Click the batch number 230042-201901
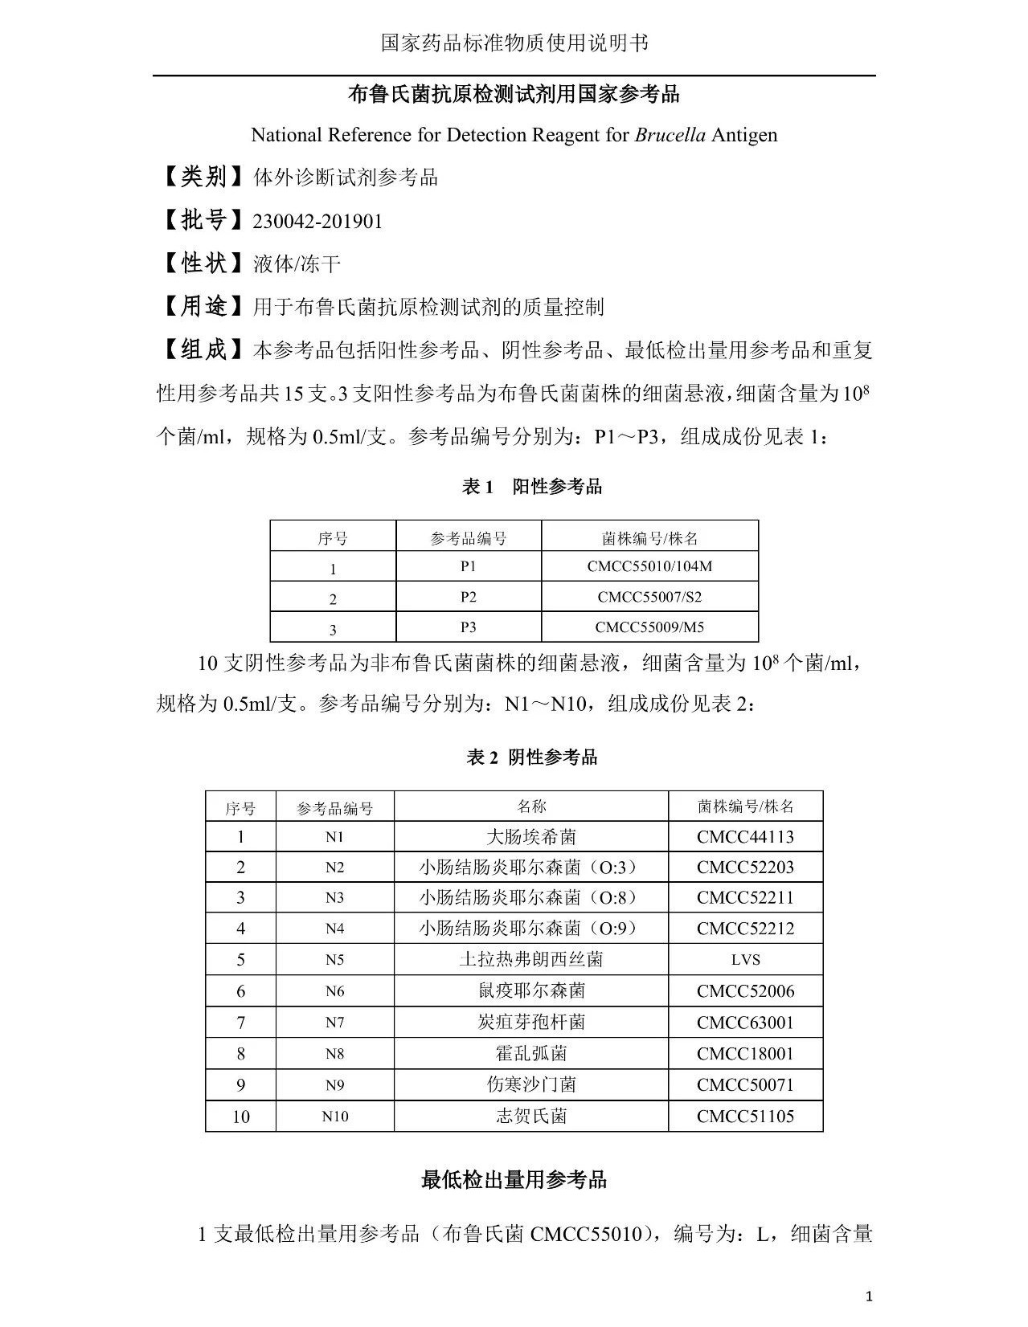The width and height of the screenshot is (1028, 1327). tap(317, 221)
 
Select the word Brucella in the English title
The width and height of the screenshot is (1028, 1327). tap(670, 135)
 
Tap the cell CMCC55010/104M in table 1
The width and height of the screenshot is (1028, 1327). tap(649, 566)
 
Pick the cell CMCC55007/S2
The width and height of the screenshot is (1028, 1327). tap(649, 597)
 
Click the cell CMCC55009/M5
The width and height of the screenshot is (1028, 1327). tap(649, 627)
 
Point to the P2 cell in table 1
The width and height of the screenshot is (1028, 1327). tap(469, 597)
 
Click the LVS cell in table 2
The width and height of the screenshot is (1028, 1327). tap(745, 960)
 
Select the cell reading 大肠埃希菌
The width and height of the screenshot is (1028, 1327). tap(531, 837)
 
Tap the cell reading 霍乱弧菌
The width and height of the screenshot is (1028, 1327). tap(531, 1053)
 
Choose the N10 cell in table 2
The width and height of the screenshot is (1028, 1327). tap(335, 1116)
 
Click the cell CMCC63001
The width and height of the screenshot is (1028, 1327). tap(745, 1023)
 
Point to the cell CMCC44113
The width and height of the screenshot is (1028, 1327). tap(745, 837)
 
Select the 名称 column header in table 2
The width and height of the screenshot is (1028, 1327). tap(531, 806)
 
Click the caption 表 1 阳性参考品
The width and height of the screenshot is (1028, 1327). tap(532, 487)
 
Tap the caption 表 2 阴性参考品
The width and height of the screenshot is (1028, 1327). tap(532, 757)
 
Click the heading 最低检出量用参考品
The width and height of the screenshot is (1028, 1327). tap(514, 1180)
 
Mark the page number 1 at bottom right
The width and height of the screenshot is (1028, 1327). tap(870, 1296)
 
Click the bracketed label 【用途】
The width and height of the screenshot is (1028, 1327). tap(203, 306)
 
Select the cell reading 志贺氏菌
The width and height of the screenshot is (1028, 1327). tap(531, 1116)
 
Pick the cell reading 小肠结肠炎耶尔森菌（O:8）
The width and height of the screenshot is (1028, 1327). tap(531, 898)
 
